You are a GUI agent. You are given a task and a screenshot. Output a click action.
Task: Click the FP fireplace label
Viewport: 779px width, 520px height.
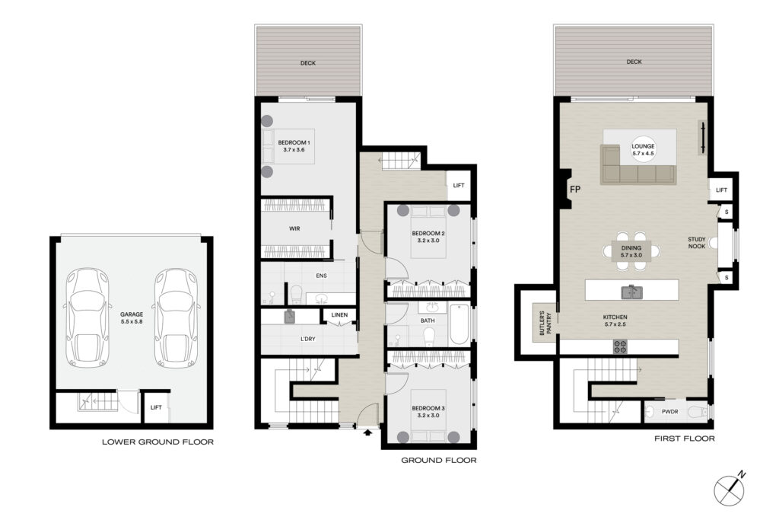coord(575,190)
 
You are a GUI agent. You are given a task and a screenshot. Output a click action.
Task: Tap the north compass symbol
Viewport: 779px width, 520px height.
coord(730,490)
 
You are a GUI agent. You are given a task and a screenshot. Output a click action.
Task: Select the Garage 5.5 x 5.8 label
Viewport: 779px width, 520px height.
coord(132,318)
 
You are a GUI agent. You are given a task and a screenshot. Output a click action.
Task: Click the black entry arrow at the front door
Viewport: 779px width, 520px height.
coord(367,432)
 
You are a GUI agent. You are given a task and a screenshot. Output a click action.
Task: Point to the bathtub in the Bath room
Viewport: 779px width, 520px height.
coord(459,324)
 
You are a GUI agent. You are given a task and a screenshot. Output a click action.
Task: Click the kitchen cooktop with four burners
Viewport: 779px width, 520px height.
coord(619,346)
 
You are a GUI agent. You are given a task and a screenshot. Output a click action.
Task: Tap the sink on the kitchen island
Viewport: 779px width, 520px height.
coord(632,292)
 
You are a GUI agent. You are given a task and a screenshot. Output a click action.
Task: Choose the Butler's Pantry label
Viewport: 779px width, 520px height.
coord(545,323)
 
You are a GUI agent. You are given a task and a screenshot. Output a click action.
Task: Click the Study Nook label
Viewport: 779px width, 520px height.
coord(697,243)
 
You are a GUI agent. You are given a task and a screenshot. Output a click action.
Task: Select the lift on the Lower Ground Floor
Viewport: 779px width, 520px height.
coord(156,407)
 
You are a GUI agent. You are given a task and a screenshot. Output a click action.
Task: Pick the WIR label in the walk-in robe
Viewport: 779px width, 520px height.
coord(294,228)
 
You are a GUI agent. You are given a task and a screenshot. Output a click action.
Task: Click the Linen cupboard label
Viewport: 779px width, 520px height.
coord(339,314)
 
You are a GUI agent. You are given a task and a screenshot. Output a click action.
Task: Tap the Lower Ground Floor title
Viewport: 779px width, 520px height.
coord(158,442)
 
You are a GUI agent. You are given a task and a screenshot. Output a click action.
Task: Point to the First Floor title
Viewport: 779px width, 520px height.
coord(685,439)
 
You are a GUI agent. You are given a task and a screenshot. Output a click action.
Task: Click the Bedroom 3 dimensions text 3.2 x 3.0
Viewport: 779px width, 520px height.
coord(428,416)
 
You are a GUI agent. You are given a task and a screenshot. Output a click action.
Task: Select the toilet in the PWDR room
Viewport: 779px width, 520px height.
coord(700,412)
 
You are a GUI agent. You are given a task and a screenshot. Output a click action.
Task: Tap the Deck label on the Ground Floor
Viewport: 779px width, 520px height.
coord(308,63)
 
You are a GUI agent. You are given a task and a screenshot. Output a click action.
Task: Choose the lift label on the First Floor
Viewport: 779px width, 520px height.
coord(721,190)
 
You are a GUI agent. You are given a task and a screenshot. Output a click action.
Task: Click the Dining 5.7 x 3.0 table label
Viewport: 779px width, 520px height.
coord(631,251)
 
